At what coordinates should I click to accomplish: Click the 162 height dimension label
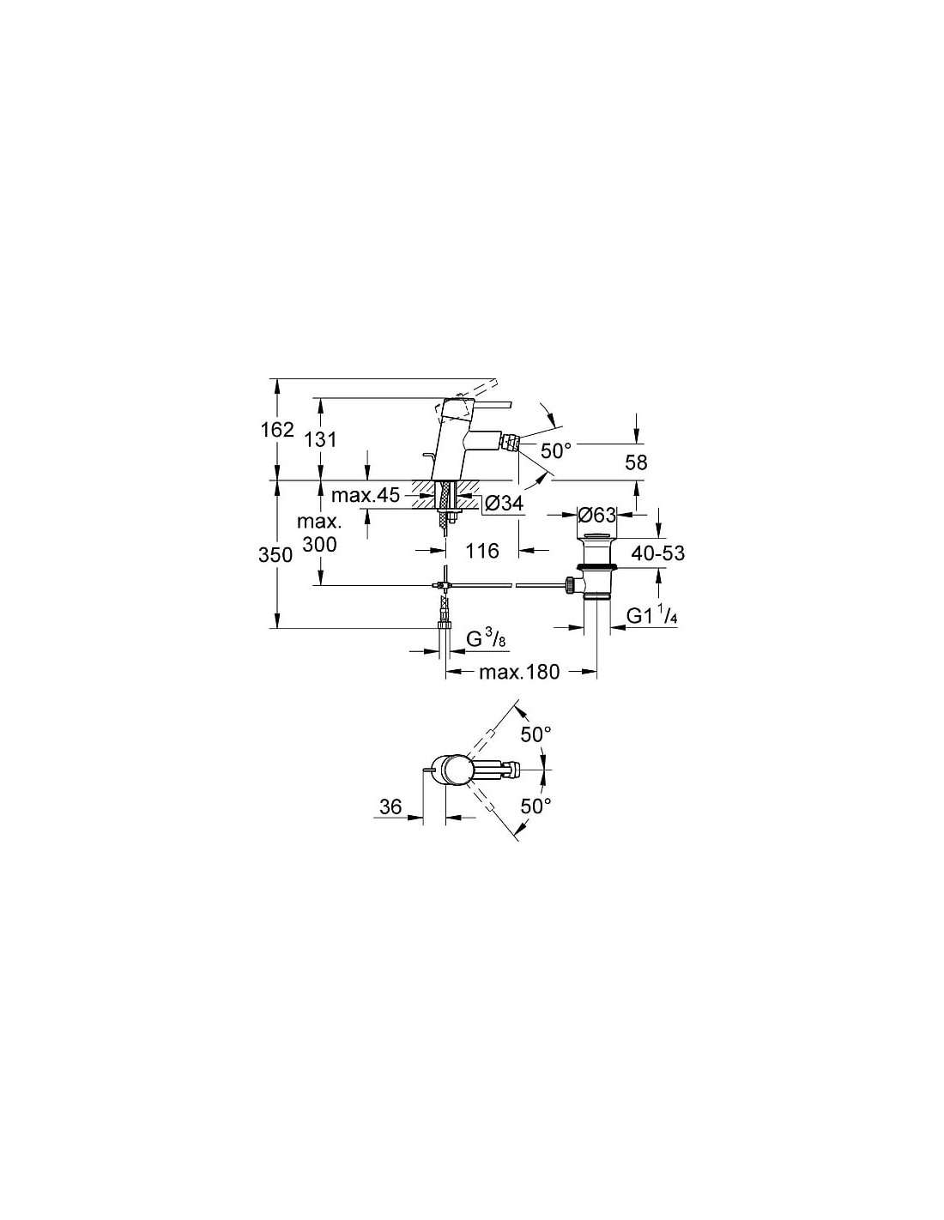pyautogui.click(x=277, y=430)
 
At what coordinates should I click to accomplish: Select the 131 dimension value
pyautogui.click(x=321, y=439)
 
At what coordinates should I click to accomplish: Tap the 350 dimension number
pyautogui.click(x=275, y=555)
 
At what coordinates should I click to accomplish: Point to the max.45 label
pyautogui.click(x=365, y=495)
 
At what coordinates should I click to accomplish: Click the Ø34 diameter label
pyautogui.click(x=504, y=503)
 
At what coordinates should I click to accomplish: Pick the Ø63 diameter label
pyautogui.click(x=596, y=514)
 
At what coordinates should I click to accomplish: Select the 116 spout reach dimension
pyautogui.click(x=483, y=551)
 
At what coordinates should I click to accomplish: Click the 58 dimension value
pyautogui.click(x=636, y=462)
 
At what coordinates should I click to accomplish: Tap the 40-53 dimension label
pyautogui.click(x=658, y=553)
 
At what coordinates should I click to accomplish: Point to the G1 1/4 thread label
pyautogui.click(x=652, y=616)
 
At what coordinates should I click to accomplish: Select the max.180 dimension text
pyautogui.click(x=519, y=672)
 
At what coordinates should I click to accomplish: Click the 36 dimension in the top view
pyautogui.click(x=390, y=806)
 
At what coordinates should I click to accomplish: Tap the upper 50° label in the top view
pyautogui.click(x=536, y=734)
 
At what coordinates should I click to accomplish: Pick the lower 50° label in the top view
pyautogui.click(x=536, y=806)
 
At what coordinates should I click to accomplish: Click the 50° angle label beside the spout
pyautogui.click(x=556, y=450)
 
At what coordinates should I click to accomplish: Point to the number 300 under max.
pyautogui.click(x=320, y=543)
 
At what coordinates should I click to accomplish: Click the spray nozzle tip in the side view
pyautogui.click(x=511, y=442)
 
